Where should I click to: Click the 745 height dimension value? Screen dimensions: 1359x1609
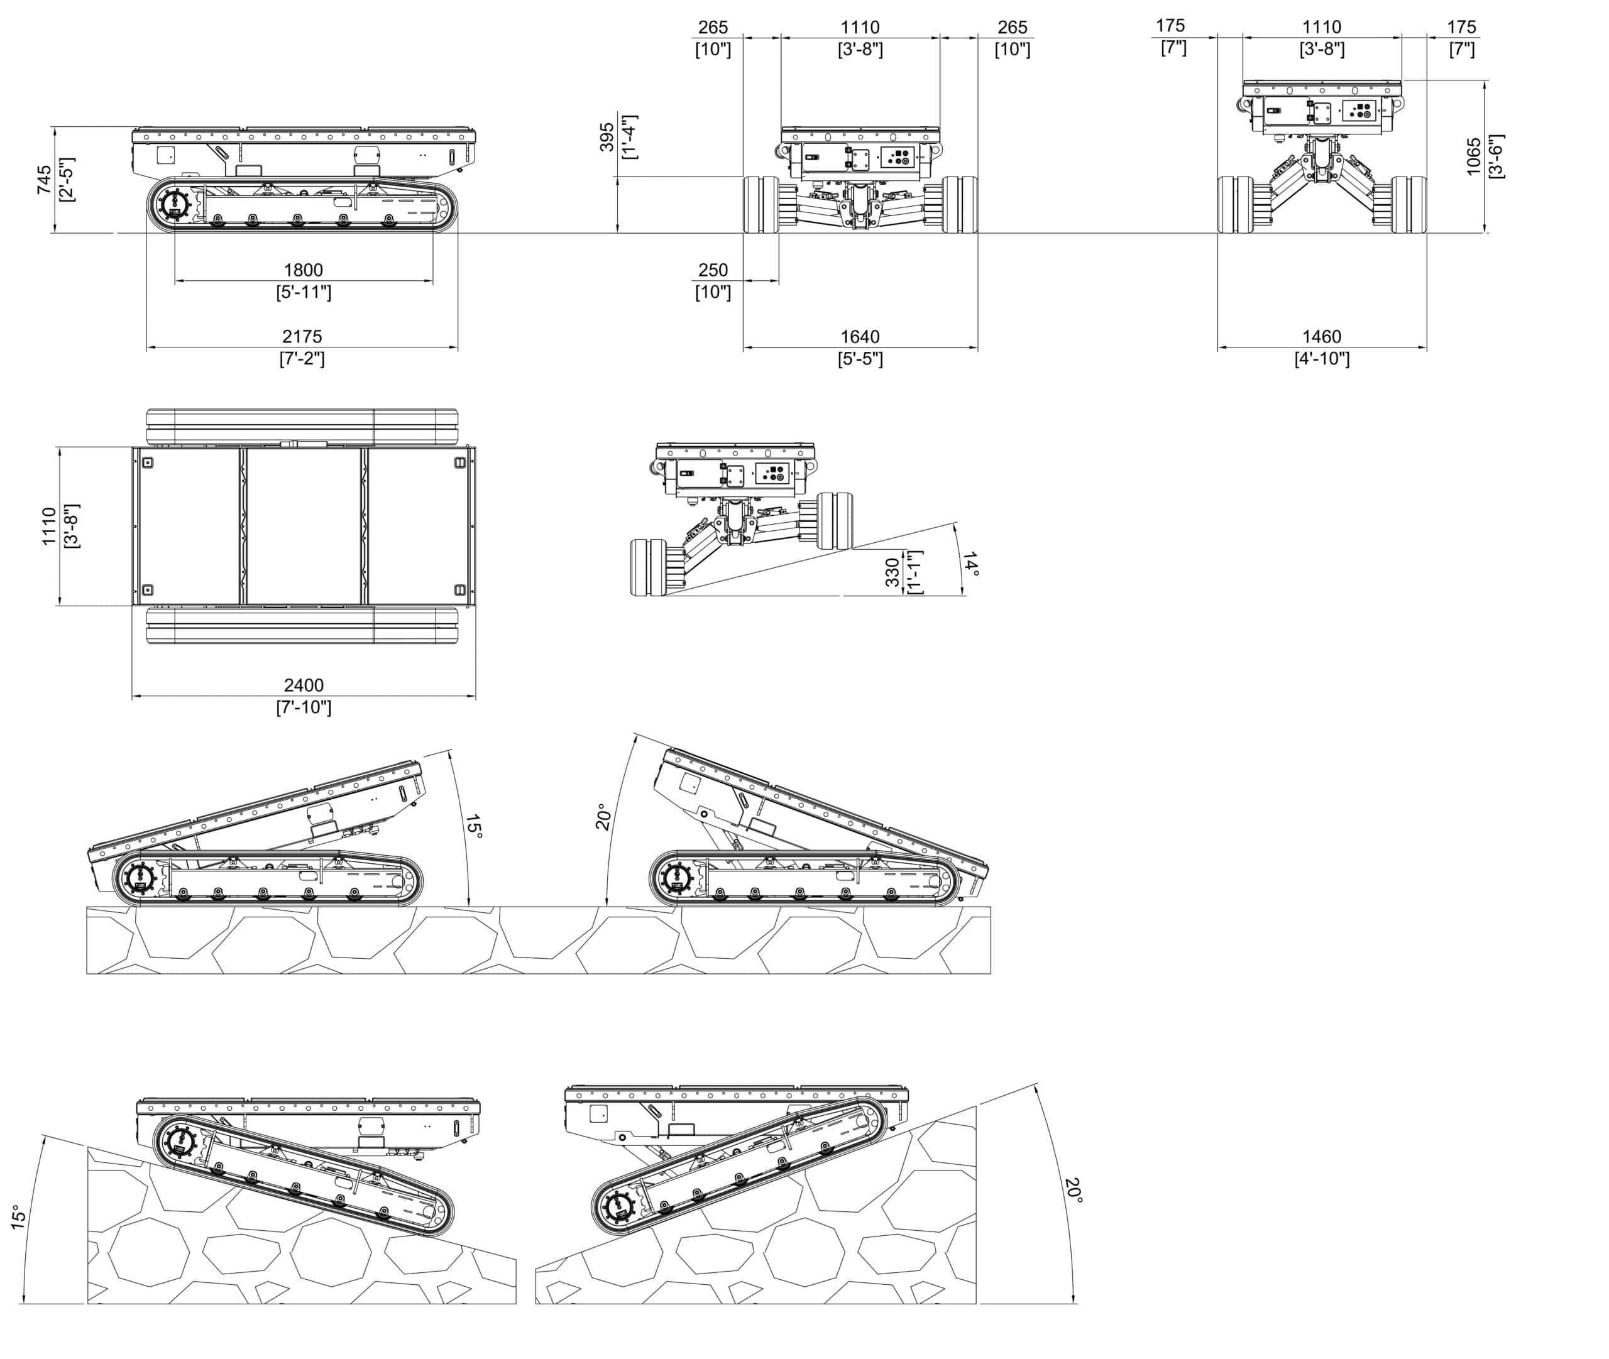pyautogui.click(x=44, y=180)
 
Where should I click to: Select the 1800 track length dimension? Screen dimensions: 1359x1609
pyautogui.click(x=303, y=270)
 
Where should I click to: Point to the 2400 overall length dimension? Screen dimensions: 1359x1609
pyautogui.click(x=303, y=685)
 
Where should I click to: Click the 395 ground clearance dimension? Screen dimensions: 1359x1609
pyautogui.click(x=607, y=138)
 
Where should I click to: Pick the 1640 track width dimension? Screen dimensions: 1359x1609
pyautogui.click(x=859, y=337)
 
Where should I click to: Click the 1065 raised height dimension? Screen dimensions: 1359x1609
pyautogui.click(x=1473, y=156)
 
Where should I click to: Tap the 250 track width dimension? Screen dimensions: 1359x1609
pyautogui.click(x=712, y=270)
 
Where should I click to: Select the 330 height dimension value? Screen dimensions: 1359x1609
pyautogui.click(x=892, y=572)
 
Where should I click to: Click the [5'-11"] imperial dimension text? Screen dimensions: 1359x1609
pyautogui.click(x=303, y=293)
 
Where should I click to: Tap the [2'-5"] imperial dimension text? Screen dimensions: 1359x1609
pyautogui.click(x=67, y=180)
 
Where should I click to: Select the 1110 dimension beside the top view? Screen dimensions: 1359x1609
pyautogui.click(x=48, y=526)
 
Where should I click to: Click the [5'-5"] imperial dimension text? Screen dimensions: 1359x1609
pyautogui.click(x=859, y=359)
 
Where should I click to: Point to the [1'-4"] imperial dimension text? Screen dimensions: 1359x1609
pyautogui.click(x=629, y=138)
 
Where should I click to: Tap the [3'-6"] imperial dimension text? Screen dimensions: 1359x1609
pyautogui.click(x=1496, y=156)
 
